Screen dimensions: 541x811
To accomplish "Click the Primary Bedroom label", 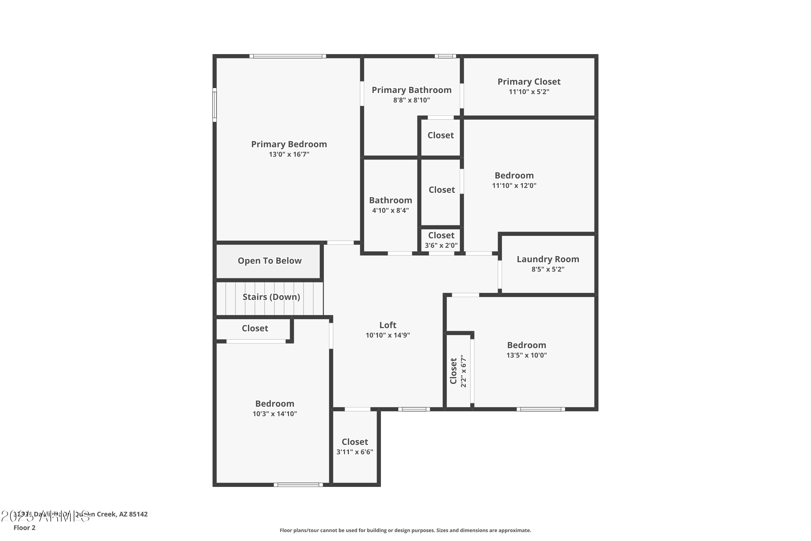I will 289,144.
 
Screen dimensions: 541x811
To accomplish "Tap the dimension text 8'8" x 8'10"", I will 411,100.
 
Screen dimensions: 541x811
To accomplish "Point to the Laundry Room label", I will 548,259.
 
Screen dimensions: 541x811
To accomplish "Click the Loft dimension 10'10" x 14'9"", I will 388,335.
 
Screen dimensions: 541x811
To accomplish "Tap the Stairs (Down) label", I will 271,297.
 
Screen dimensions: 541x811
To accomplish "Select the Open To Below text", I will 269,261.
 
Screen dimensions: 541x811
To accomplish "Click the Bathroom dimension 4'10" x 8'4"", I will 390,210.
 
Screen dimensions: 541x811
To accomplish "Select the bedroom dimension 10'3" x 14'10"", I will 274,414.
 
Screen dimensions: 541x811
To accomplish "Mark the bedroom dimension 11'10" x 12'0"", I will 514,186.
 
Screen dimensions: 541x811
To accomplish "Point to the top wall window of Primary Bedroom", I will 288,56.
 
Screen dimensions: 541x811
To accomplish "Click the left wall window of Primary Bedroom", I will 214,104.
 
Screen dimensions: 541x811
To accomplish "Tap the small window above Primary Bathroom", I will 445,56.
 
